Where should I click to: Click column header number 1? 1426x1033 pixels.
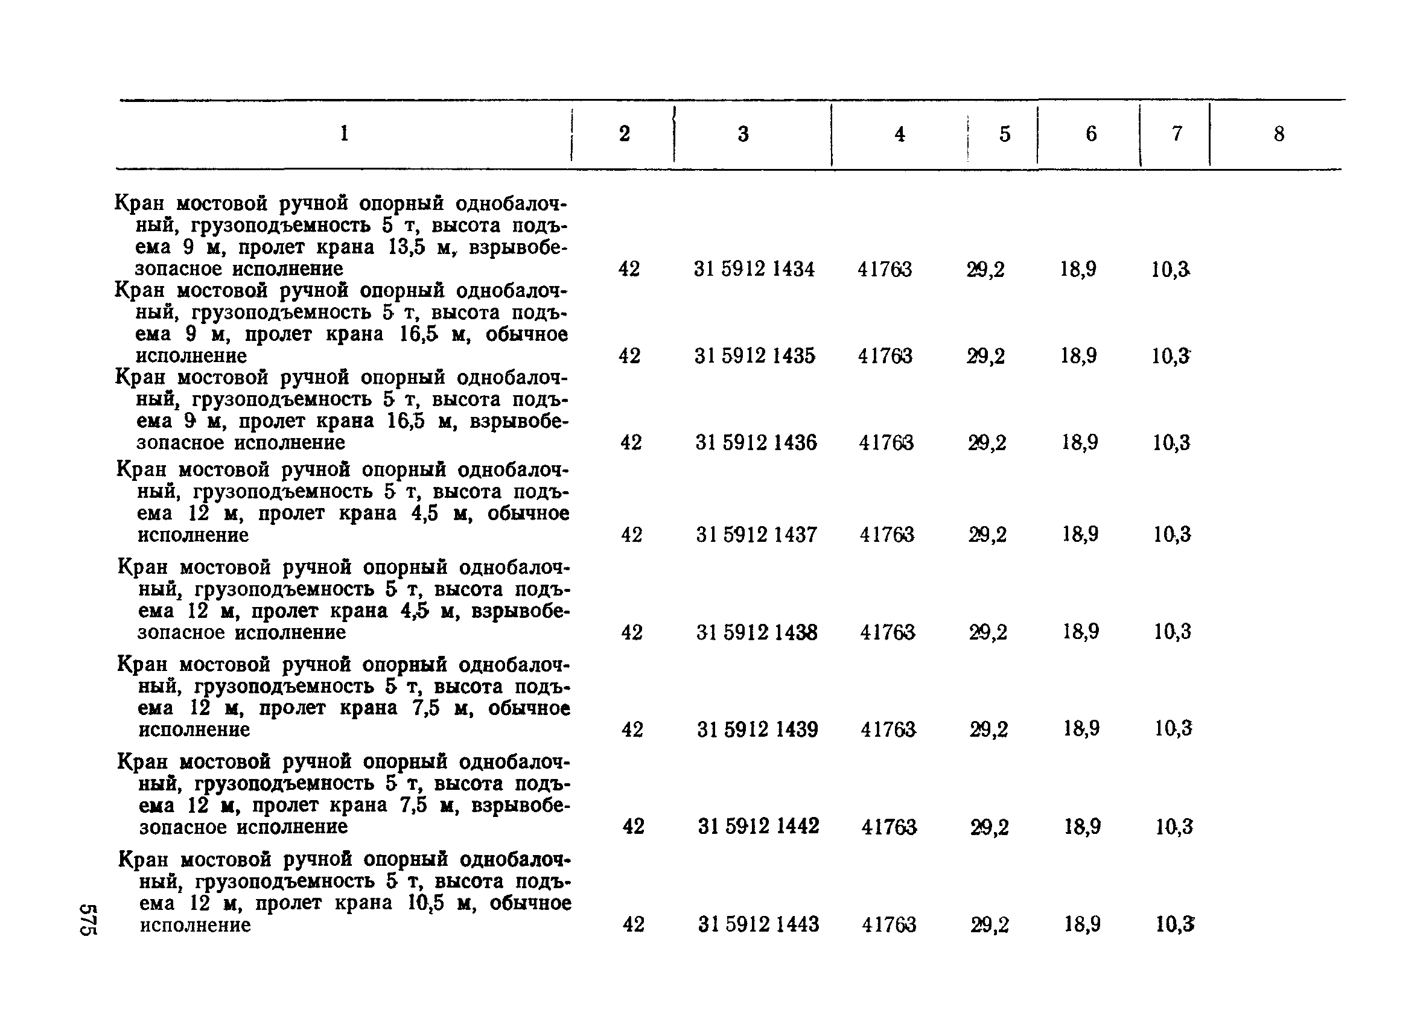tap(344, 133)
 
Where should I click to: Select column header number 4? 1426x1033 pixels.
tap(900, 134)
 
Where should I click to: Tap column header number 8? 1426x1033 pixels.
tap(1279, 134)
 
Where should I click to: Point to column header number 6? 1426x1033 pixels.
tap(1091, 133)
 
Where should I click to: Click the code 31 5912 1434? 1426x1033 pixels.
tap(754, 269)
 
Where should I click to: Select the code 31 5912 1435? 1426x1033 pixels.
tap(754, 356)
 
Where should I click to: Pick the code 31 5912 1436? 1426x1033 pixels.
tap(756, 443)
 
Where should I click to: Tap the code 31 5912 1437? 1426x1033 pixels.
tap(756, 535)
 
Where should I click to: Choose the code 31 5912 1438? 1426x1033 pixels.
tap(757, 632)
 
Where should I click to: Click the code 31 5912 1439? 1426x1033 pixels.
tap(757, 729)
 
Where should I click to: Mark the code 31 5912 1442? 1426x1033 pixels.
tap(759, 825)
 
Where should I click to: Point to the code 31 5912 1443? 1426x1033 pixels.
tap(759, 924)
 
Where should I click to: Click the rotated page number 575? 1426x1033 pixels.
tap(88, 920)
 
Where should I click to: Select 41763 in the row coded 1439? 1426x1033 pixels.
tap(888, 729)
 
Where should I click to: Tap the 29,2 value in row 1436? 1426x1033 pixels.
tap(987, 443)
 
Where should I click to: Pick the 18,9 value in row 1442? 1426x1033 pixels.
tap(1082, 825)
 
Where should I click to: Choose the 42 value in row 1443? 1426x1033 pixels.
tap(633, 924)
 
